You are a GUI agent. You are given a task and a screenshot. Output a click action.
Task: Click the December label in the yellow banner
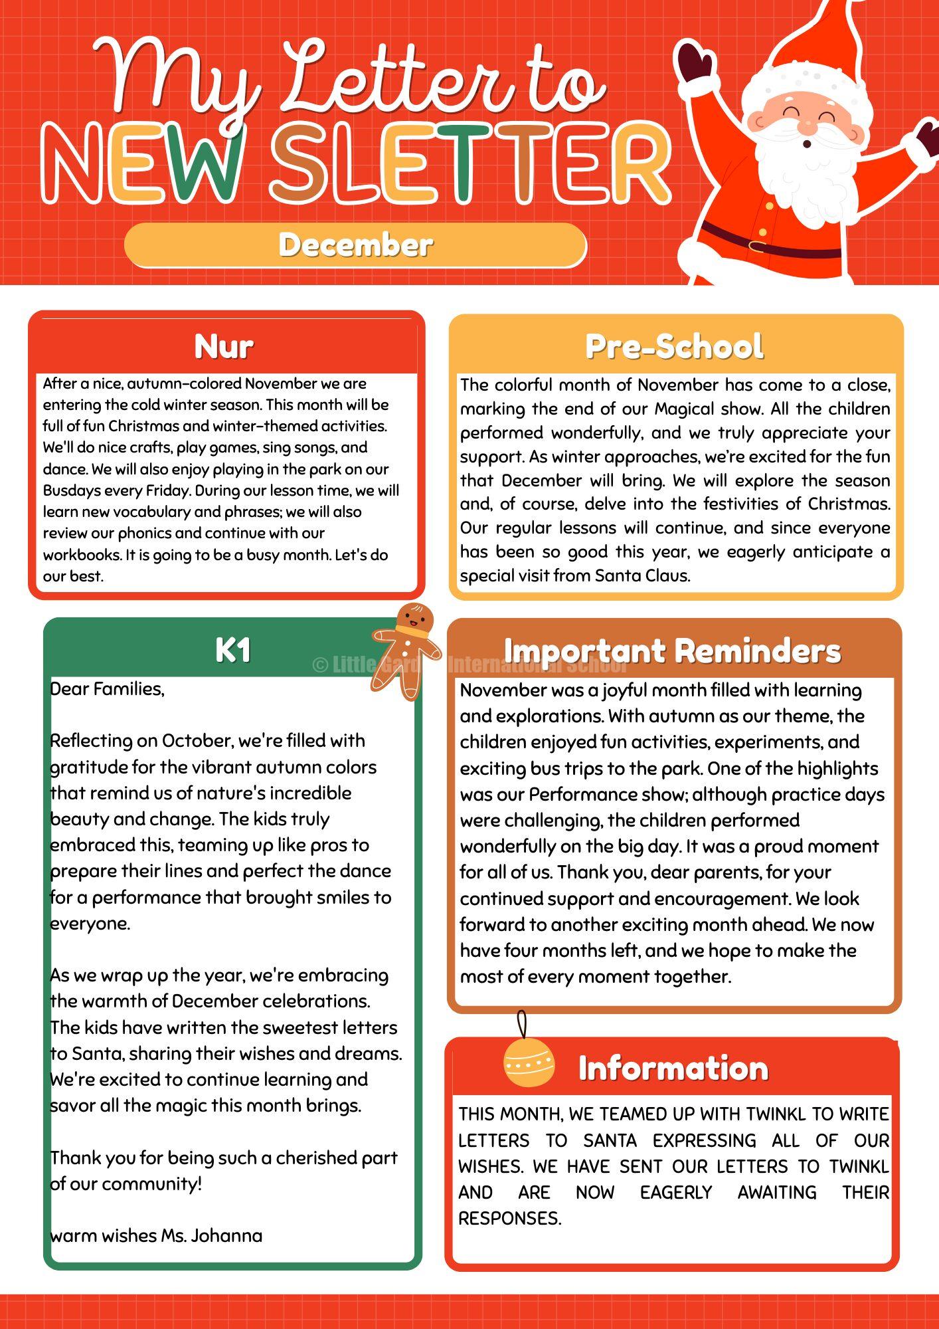click(x=355, y=245)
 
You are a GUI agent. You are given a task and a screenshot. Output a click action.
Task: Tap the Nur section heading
click(x=224, y=346)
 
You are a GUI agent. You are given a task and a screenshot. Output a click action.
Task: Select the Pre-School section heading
click(x=674, y=346)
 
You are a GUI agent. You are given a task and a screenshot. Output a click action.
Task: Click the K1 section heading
click(x=233, y=650)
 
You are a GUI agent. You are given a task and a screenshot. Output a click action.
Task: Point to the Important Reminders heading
click(x=672, y=651)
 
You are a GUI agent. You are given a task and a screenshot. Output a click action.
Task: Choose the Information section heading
click(x=673, y=1069)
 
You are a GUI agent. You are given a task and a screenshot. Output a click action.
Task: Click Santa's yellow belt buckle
click(x=757, y=246)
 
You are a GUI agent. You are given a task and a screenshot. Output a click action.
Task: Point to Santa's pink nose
click(x=808, y=125)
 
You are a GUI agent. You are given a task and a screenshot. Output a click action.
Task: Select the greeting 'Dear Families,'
click(x=108, y=689)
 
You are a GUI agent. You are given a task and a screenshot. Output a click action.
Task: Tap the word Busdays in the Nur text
click(x=71, y=490)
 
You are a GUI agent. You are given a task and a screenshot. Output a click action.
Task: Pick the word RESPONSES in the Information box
click(x=509, y=1219)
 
